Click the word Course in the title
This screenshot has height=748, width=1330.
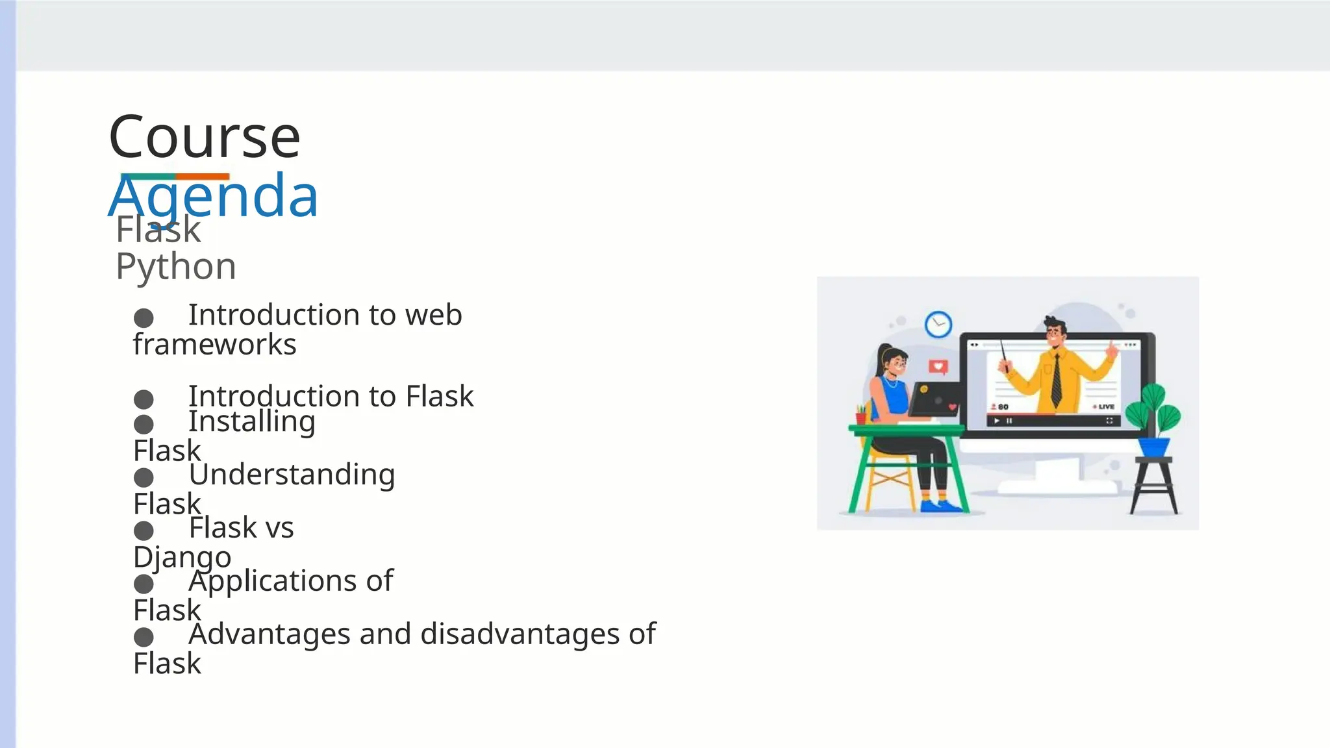[x=205, y=137]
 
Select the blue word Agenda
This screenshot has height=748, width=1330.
[x=213, y=196]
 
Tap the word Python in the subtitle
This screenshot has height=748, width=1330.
[x=175, y=267]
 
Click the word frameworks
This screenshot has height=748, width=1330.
[x=214, y=345]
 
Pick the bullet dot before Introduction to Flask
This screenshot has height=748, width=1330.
[x=144, y=399]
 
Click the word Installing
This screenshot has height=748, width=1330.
[x=252, y=422]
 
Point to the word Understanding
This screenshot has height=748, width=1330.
[x=292, y=475]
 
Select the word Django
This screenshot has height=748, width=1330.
[x=182, y=557]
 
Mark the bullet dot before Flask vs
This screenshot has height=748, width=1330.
[x=144, y=530]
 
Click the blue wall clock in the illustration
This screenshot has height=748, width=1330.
[x=938, y=324]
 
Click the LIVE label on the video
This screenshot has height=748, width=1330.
[x=1106, y=406]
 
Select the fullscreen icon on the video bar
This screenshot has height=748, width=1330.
[x=1109, y=421]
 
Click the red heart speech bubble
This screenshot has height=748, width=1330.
[x=938, y=367]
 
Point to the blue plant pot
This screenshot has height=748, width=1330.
[x=1153, y=447]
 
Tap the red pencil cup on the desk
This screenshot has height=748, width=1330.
[x=861, y=418]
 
